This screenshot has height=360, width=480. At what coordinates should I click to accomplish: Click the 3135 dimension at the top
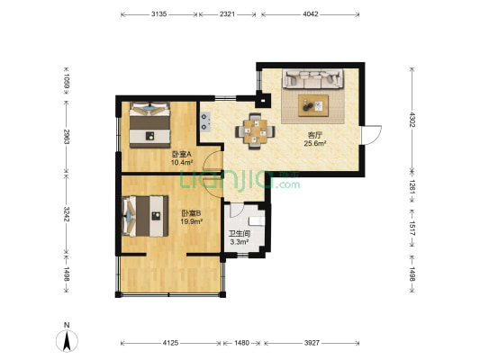[x=158, y=14]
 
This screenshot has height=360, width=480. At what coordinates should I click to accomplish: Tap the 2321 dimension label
[x=227, y=14]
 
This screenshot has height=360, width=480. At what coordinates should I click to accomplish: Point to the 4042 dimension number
[x=311, y=14]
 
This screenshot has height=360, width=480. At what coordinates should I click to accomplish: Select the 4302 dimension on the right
[x=412, y=121]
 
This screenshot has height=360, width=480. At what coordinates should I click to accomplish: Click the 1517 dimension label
[x=412, y=229]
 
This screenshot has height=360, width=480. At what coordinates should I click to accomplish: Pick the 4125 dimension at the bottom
[x=170, y=343]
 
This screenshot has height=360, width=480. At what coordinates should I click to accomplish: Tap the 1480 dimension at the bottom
[x=242, y=343]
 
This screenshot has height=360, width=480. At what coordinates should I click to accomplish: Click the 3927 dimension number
[x=312, y=343]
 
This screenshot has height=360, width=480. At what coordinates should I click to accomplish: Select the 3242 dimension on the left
[x=67, y=214]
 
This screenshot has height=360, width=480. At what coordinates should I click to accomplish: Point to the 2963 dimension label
[x=67, y=137]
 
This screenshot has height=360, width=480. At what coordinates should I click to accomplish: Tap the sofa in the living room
[x=312, y=79]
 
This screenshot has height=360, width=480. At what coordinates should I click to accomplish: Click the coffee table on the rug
[x=313, y=105]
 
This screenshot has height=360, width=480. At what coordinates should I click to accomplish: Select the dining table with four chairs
[x=255, y=131]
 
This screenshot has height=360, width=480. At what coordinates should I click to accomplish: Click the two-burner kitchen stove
[x=205, y=121]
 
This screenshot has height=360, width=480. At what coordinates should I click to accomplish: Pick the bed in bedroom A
[x=149, y=125]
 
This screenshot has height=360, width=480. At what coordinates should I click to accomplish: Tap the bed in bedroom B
[x=145, y=216]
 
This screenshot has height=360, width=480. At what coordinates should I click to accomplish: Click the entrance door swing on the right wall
[x=371, y=135]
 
